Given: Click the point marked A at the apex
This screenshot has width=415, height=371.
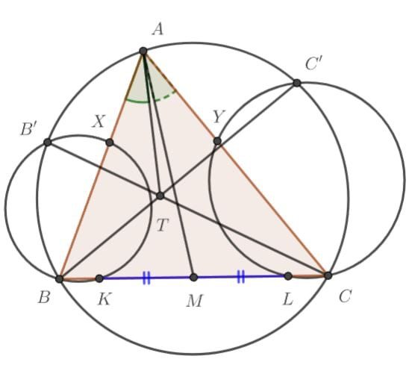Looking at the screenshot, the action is (x=143, y=51).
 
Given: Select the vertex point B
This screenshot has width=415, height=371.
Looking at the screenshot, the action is (x=60, y=278).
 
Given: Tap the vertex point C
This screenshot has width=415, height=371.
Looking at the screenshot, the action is (x=328, y=275).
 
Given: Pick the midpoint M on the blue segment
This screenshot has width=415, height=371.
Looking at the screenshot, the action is (x=194, y=278).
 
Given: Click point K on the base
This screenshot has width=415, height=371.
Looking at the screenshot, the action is (x=99, y=278).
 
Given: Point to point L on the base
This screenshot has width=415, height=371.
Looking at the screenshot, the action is (x=288, y=276).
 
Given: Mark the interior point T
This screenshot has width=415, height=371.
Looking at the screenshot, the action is (x=160, y=196).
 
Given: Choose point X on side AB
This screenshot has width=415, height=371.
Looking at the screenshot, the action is (x=110, y=143).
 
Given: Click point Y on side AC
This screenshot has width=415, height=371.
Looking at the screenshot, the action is (x=217, y=141).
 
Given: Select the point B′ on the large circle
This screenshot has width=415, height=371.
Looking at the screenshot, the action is (x=47, y=142).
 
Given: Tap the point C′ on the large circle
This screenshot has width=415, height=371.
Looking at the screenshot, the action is (x=297, y=83).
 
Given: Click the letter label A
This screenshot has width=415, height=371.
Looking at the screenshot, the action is (x=158, y=29).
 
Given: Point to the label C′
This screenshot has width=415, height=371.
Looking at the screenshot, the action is (x=313, y=63).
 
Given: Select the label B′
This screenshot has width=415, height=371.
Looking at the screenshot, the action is (x=28, y=129).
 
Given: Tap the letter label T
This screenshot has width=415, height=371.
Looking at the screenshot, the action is (x=162, y=225).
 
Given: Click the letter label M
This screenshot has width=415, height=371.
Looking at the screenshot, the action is (x=195, y=301).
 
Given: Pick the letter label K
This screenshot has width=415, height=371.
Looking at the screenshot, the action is (x=104, y=300).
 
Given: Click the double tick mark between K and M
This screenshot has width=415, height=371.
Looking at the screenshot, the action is (x=146, y=278).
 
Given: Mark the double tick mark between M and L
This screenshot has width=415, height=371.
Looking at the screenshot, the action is (x=241, y=277).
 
